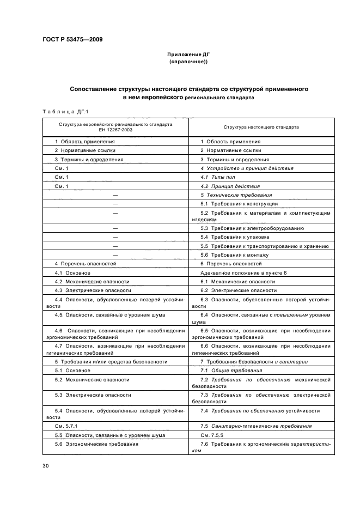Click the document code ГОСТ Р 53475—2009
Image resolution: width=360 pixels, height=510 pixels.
coord(72,39)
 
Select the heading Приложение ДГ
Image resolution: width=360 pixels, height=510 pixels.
coord(188,55)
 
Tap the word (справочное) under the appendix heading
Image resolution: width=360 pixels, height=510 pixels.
coord(188,62)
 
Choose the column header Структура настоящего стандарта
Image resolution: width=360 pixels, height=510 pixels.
coord(261,127)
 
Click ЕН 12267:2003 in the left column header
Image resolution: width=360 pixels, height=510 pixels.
coord(115,130)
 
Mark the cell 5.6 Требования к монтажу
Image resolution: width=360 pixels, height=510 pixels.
coord(234,255)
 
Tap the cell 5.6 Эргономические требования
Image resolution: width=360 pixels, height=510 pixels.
coord(96,444)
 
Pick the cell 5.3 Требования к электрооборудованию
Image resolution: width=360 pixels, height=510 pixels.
coord(252,228)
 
